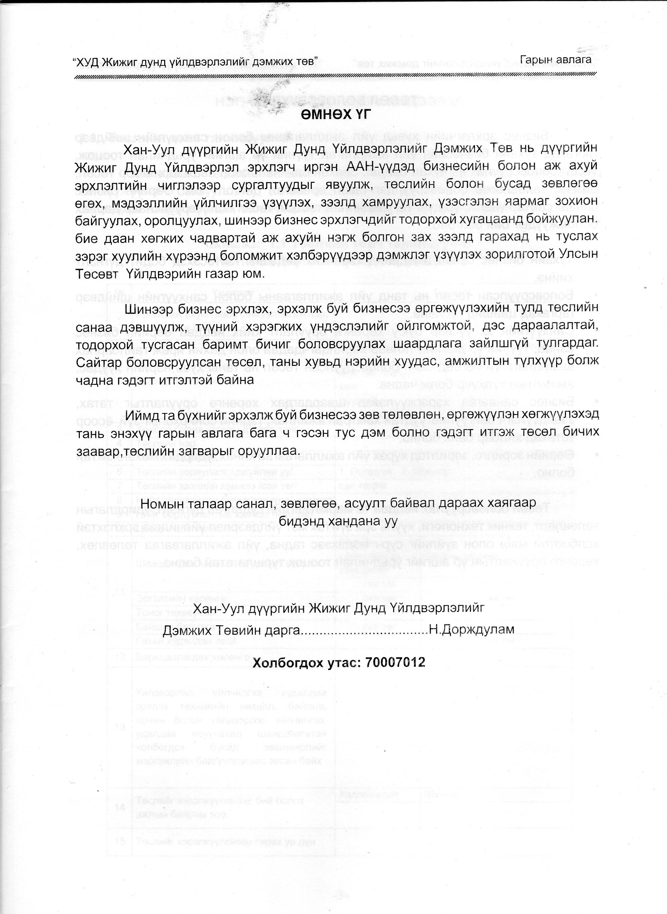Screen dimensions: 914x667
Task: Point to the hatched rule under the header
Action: [x=335, y=76]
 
